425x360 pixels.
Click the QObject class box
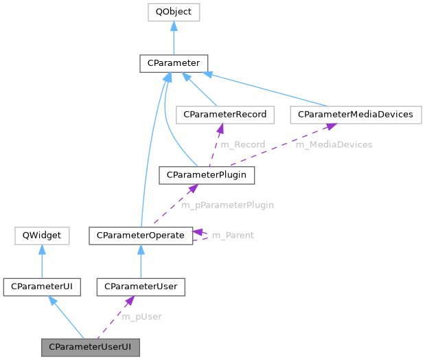(x=174, y=12)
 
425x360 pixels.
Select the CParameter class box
(x=174, y=64)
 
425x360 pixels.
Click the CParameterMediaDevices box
(x=355, y=115)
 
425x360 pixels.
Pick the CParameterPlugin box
(x=207, y=175)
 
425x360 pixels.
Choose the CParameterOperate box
(x=141, y=236)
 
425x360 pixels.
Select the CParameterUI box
(x=42, y=286)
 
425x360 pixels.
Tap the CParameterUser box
(x=141, y=286)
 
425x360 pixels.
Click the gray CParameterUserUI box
(x=91, y=348)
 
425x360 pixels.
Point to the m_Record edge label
(x=242, y=145)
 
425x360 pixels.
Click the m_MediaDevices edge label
(x=334, y=145)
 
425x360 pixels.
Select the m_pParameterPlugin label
(x=227, y=205)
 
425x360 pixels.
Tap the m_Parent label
(x=232, y=236)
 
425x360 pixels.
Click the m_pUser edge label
(x=141, y=317)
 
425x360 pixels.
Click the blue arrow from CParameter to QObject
(x=174, y=38)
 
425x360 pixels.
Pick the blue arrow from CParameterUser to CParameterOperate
(x=141, y=261)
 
